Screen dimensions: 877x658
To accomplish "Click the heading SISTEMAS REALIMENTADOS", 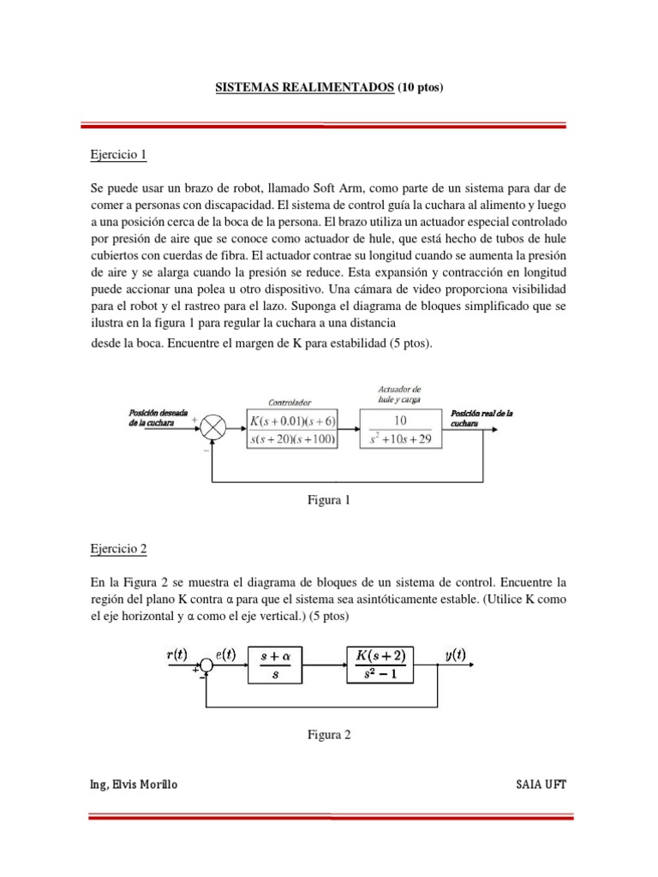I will point(303,87).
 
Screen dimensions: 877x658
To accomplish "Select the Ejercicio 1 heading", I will point(119,155).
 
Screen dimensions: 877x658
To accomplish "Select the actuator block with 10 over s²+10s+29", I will point(399,429).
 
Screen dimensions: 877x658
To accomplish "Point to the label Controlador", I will point(290,401).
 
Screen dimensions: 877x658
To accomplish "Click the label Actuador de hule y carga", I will point(399,393).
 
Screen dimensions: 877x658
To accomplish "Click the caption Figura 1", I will point(329,500).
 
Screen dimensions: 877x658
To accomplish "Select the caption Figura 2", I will point(329,734).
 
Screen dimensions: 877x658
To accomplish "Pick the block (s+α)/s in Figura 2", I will point(275,663).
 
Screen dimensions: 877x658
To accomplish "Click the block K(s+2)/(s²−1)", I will point(381,663).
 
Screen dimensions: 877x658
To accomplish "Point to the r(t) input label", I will point(178,656).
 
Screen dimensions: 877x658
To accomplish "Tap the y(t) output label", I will point(455,656).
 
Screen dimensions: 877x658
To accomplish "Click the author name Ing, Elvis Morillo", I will point(134,785).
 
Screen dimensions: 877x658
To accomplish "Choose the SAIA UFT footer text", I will point(541,785).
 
